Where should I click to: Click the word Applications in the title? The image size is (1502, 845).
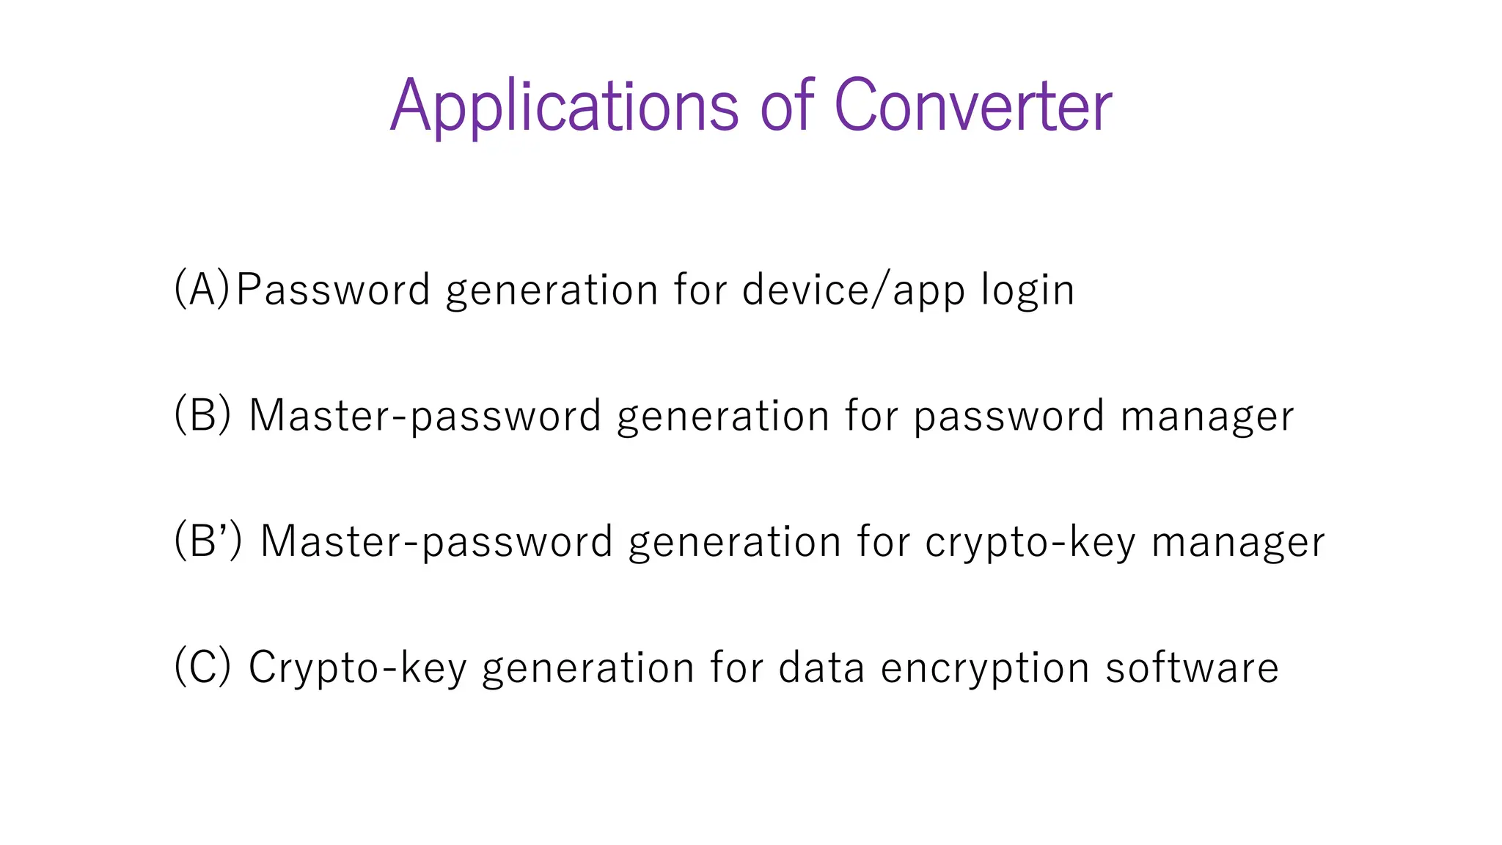coord(563,106)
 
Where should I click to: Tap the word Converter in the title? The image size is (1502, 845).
coord(972,106)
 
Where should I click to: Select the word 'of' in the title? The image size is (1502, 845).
coord(787,106)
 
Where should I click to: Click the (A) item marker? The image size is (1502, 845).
coord(202,288)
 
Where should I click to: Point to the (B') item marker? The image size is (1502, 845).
coord(208,541)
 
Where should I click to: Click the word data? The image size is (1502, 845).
coord(821,668)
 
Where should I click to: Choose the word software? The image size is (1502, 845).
coord(1192,668)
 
